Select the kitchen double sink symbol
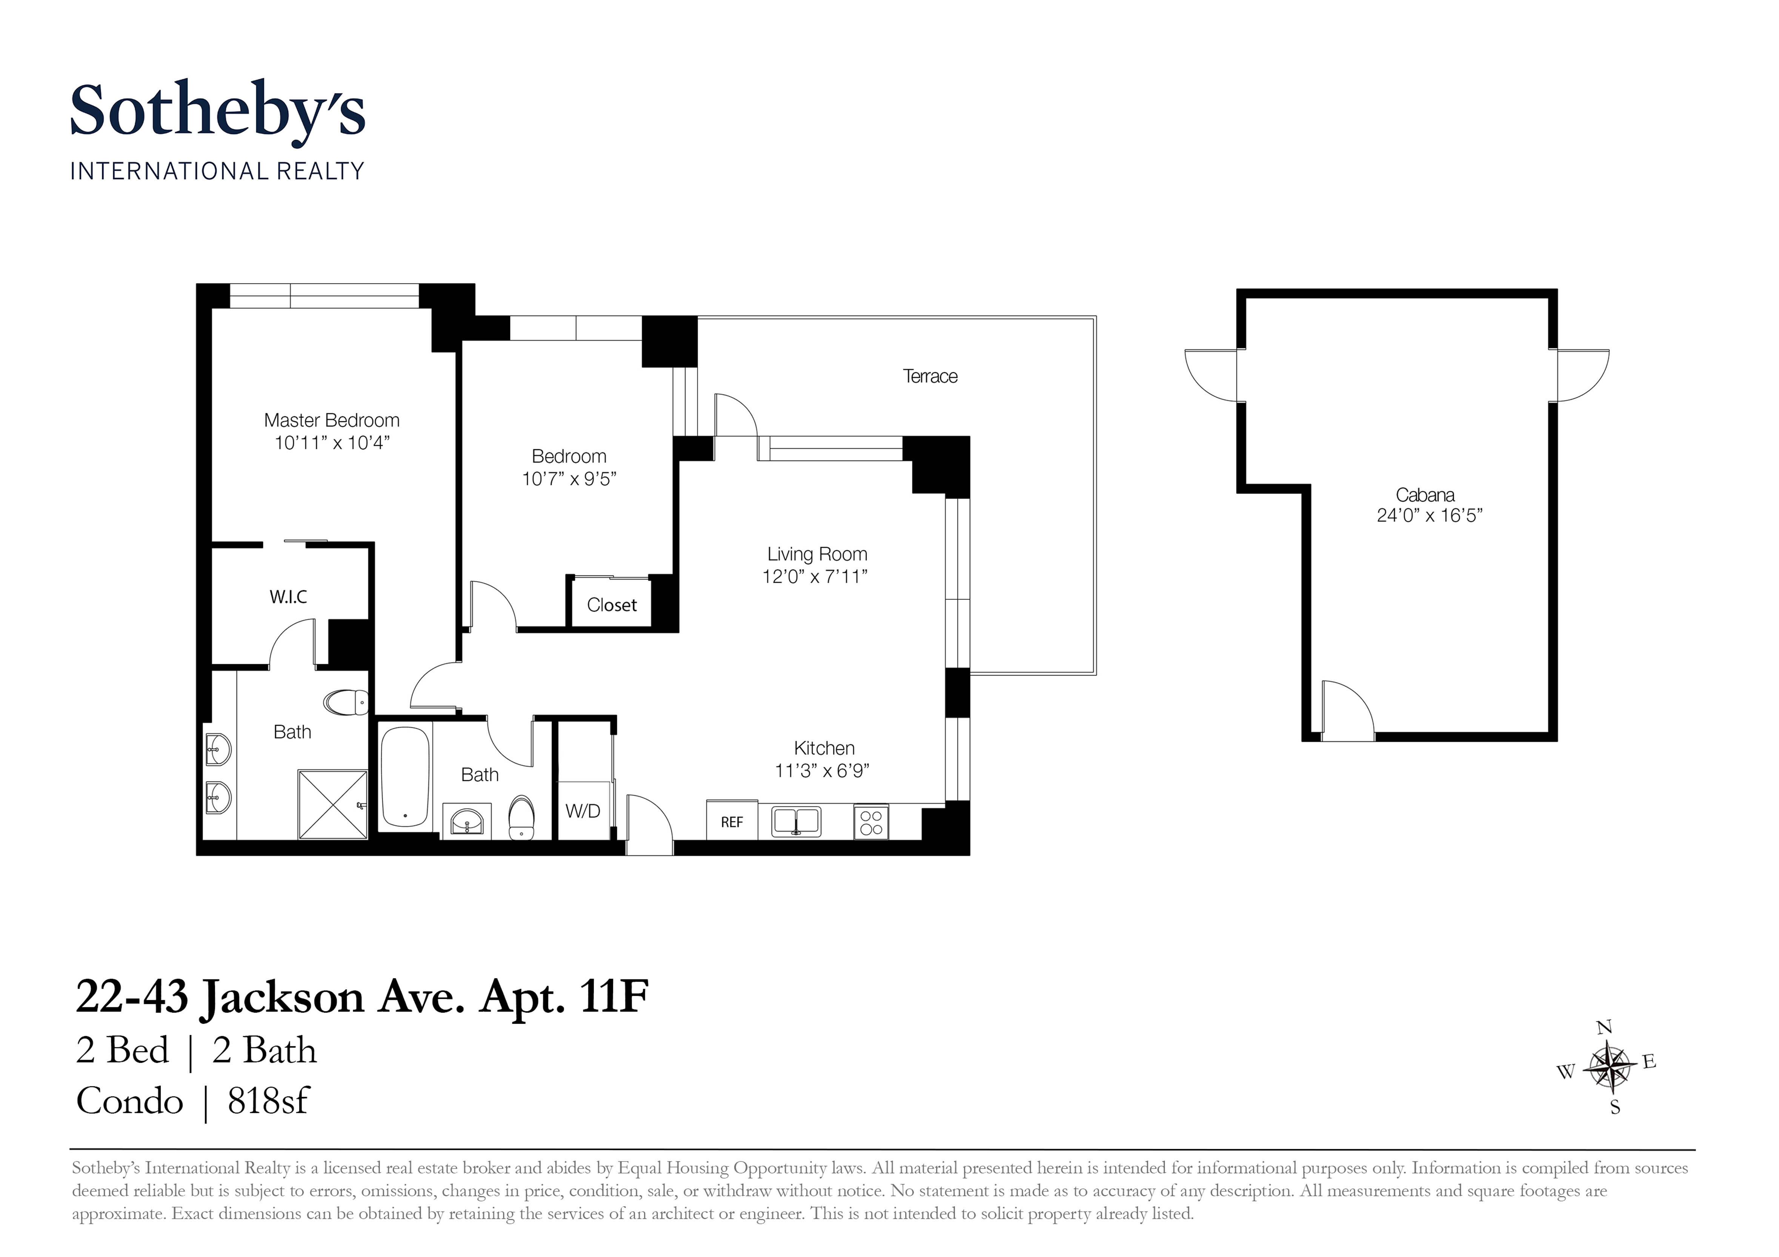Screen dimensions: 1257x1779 click(x=796, y=822)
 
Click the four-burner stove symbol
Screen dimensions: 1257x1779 click(x=871, y=822)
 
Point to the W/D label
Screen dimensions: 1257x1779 click(x=583, y=811)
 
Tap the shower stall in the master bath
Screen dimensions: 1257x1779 click(x=332, y=804)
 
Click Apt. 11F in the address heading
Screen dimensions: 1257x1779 click(x=564, y=998)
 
